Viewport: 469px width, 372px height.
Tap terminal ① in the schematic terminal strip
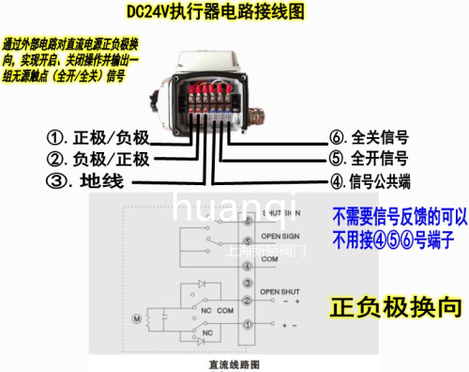pyautogui.click(x=247, y=324)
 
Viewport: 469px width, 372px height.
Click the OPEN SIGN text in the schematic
pyautogui.click(x=278, y=236)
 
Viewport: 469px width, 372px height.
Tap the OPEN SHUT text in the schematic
pyautogui.click(x=279, y=290)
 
